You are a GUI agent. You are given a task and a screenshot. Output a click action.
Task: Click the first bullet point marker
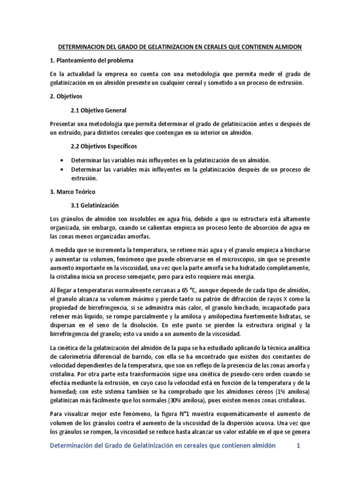(62, 160)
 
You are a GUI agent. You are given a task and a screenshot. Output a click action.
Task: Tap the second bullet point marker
(62, 169)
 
